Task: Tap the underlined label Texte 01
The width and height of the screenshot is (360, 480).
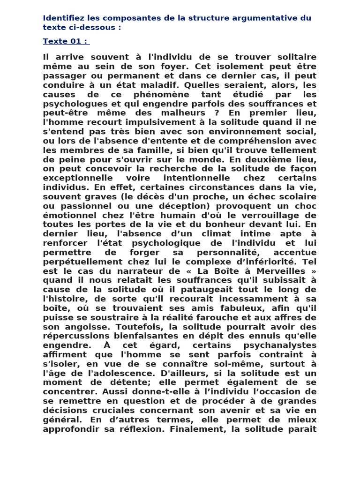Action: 65,41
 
